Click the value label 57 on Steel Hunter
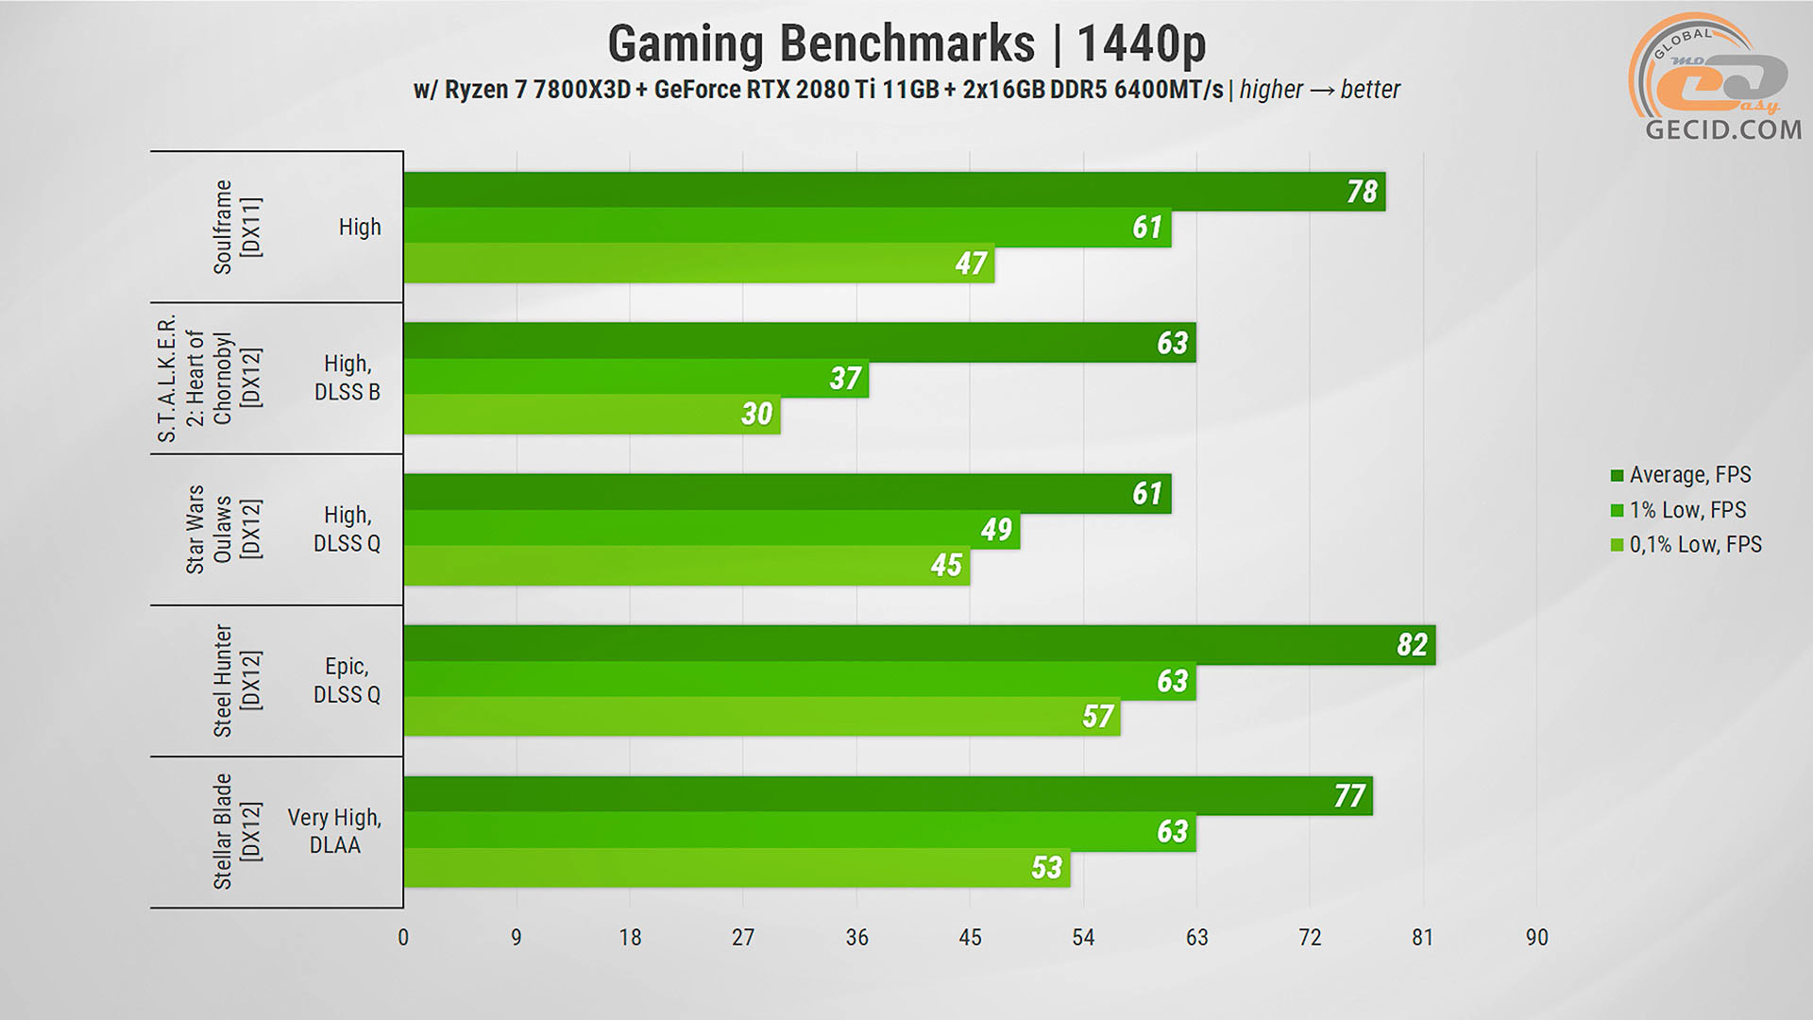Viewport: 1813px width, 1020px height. (x=1097, y=717)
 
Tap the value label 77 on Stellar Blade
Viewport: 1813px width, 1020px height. (x=1348, y=796)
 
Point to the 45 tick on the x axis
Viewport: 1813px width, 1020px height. (x=970, y=937)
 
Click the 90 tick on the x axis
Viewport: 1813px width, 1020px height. (x=1536, y=937)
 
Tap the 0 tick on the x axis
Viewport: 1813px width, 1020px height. (x=403, y=937)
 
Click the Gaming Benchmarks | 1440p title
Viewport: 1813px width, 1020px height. (x=906, y=43)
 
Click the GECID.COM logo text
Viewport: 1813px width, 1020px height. (x=1723, y=129)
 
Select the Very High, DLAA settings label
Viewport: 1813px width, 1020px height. (x=334, y=831)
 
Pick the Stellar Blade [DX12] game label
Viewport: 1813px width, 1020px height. (x=236, y=831)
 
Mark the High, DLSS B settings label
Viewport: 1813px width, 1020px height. (x=347, y=378)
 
